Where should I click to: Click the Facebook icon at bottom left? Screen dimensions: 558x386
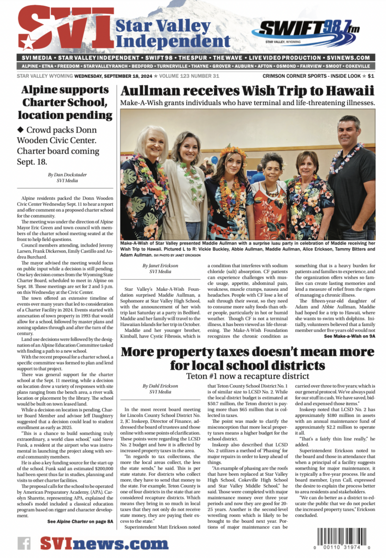coord(25,543)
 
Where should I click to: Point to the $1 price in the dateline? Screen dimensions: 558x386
coord(371,76)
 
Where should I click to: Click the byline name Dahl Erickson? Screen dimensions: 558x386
coord(160,386)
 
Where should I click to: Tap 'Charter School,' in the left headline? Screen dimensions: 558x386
coord(68,102)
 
